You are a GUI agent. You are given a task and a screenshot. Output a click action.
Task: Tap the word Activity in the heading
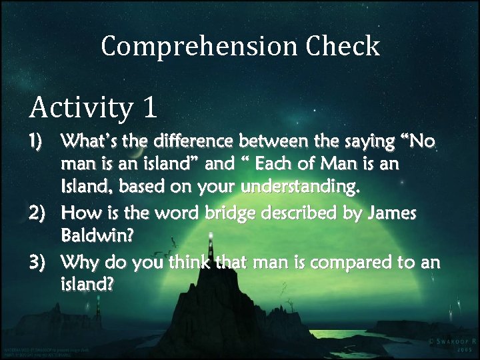75,107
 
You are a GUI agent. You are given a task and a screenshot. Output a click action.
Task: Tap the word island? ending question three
87,285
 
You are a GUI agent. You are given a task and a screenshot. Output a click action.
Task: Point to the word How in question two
78,213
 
